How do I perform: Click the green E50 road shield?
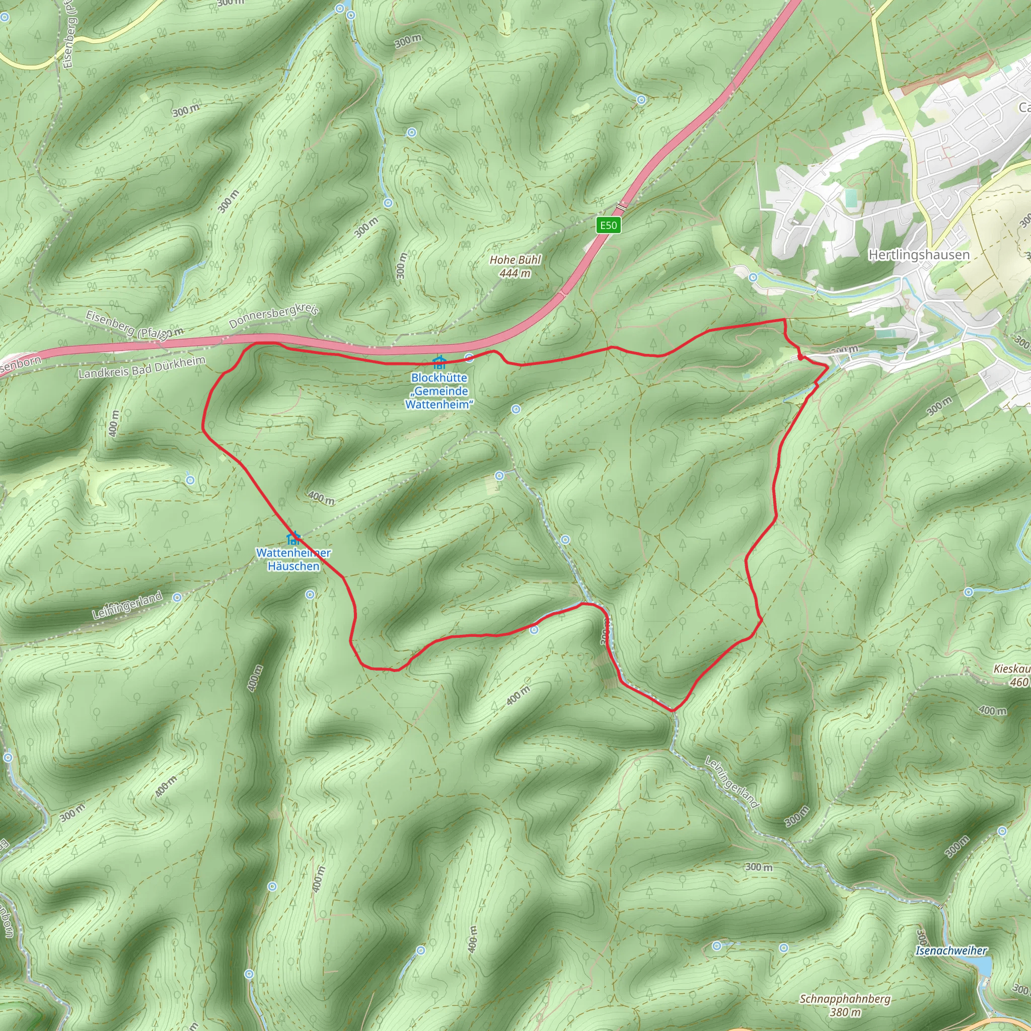(x=608, y=225)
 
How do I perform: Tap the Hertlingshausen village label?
(x=919, y=255)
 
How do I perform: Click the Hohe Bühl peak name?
(x=515, y=260)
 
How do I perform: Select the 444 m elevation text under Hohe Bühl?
(x=515, y=274)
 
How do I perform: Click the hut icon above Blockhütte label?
(x=439, y=363)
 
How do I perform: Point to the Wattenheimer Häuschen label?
(x=293, y=559)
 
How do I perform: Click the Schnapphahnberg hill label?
(x=845, y=999)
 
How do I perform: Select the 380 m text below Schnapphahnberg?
(x=845, y=1012)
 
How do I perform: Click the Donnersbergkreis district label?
(x=274, y=316)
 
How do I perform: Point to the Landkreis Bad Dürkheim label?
(x=141, y=367)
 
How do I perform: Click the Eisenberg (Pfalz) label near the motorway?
(x=127, y=326)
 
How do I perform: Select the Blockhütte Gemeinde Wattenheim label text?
(x=439, y=391)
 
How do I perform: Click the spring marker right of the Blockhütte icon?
(x=469, y=357)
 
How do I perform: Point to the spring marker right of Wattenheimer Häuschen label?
(x=310, y=594)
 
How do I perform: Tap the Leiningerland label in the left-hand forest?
(x=127, y=606)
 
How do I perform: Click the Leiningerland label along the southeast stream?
(x=731, y=782)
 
